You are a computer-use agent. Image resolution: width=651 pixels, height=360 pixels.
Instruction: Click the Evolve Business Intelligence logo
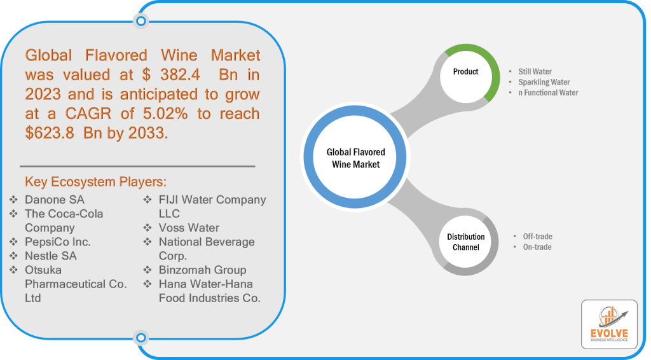pyautogui.click(x=609, y=324)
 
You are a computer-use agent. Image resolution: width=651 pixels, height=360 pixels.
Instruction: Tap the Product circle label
pyautogui.click(x=465, y=72)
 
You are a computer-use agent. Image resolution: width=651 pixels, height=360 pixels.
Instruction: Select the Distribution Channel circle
pyautogui.click(x=466, y=242)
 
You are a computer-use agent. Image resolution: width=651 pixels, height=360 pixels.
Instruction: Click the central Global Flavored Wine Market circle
pyautogui.click(x=355, y=157)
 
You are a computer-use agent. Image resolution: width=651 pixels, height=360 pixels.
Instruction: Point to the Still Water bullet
pyautogui.click(x=535, y=71)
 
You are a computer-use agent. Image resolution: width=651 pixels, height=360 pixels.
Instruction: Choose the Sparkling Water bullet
pyautogui.click(x=544, y=82)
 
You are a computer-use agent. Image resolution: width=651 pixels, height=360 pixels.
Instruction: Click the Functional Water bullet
pyautogui.click(x=548, y=93)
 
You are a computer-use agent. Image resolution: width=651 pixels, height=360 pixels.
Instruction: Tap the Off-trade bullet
pyautogui.click(x=537, y=237)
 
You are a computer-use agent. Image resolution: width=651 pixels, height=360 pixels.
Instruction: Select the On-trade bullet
pyautogui.click(x=537, y=247)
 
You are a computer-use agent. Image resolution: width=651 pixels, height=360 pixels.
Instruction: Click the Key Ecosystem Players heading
pyautogui.click(x=95, y=182)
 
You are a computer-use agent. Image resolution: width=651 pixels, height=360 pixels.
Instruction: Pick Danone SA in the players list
pyautogui.click(x=55, y=200)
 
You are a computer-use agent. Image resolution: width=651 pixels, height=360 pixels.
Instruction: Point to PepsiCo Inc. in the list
pyautogui.click(x=57, y=242)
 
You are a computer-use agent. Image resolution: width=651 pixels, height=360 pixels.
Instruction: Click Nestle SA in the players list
pyautogui.click(x=51, y=256)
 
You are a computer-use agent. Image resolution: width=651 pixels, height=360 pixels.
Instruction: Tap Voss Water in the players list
pyautogui.click(x=189, y=228)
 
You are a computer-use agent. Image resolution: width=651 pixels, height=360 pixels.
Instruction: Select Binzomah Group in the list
pyautogui.click(x=202, y=270)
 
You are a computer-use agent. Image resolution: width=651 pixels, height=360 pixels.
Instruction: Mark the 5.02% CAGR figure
pyautogui.click(x=165, y=113)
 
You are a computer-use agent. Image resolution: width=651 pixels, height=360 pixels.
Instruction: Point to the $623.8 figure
pyautogui.click(x=50, y=133)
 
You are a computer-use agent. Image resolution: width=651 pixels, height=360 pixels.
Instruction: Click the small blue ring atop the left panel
pyautogui.click(x=141, y=21)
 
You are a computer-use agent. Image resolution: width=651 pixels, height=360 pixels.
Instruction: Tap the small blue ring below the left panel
pyautogui.click(x=141, y=338)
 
